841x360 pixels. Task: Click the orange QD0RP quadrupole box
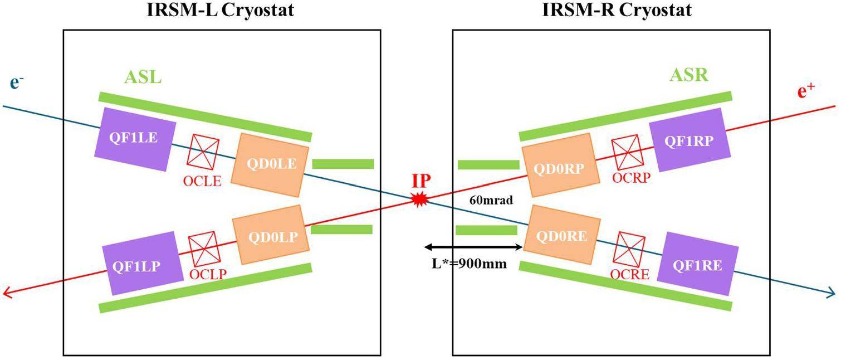click(x=560, y=165)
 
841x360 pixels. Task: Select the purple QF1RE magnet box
click(x=698, y=265)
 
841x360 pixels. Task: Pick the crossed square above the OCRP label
click(x=628, y=152)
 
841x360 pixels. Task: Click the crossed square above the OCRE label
click(x=629, y=249)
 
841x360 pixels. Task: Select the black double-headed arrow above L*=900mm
click(x=472, y=247)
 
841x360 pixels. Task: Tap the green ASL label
click(x=143, y=76)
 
